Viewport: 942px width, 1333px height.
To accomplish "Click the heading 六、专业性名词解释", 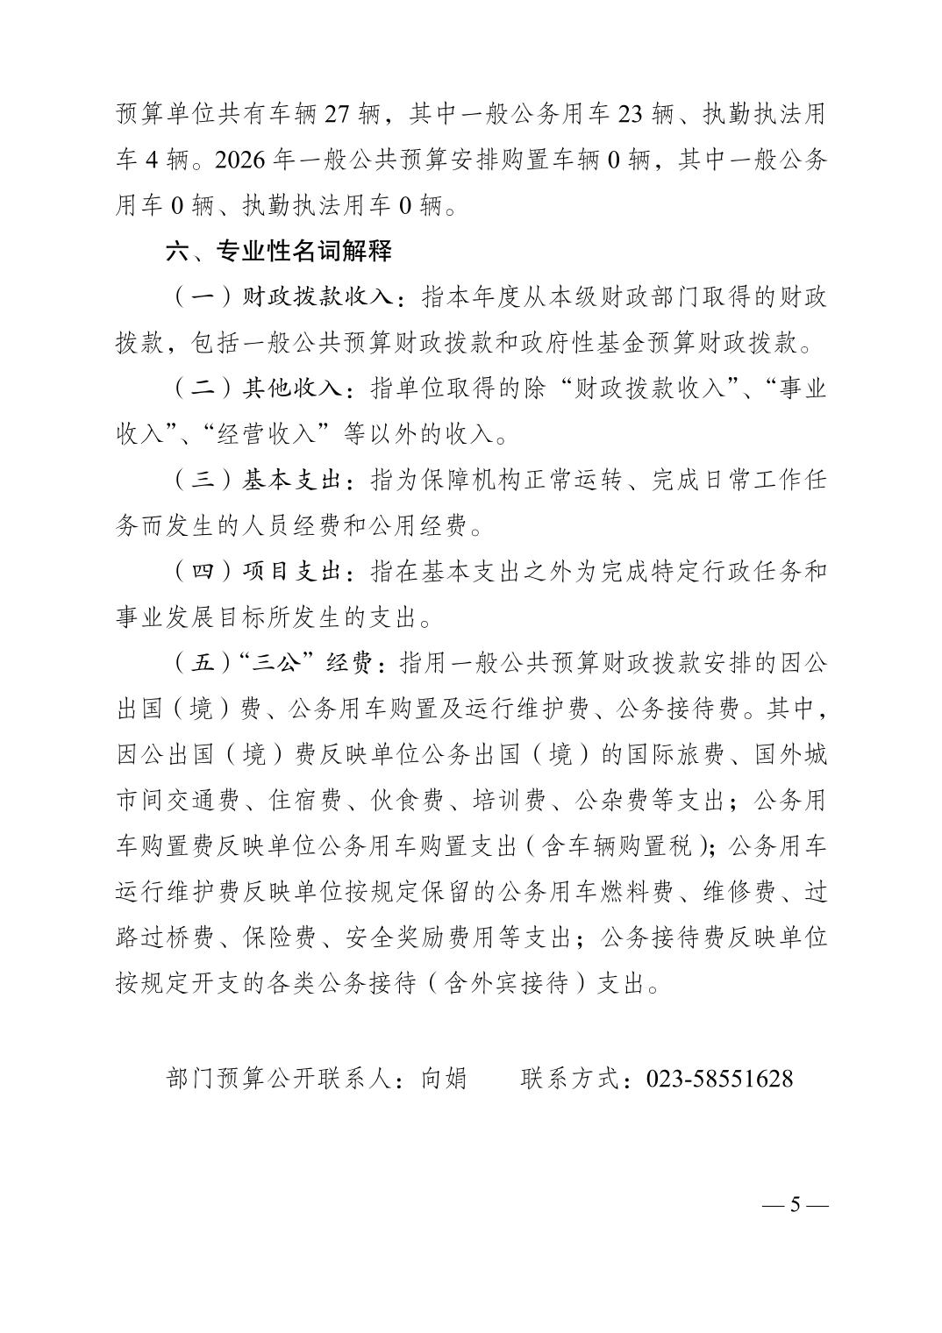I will coord(278,253).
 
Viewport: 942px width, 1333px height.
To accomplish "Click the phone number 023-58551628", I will coord(719,1078).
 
